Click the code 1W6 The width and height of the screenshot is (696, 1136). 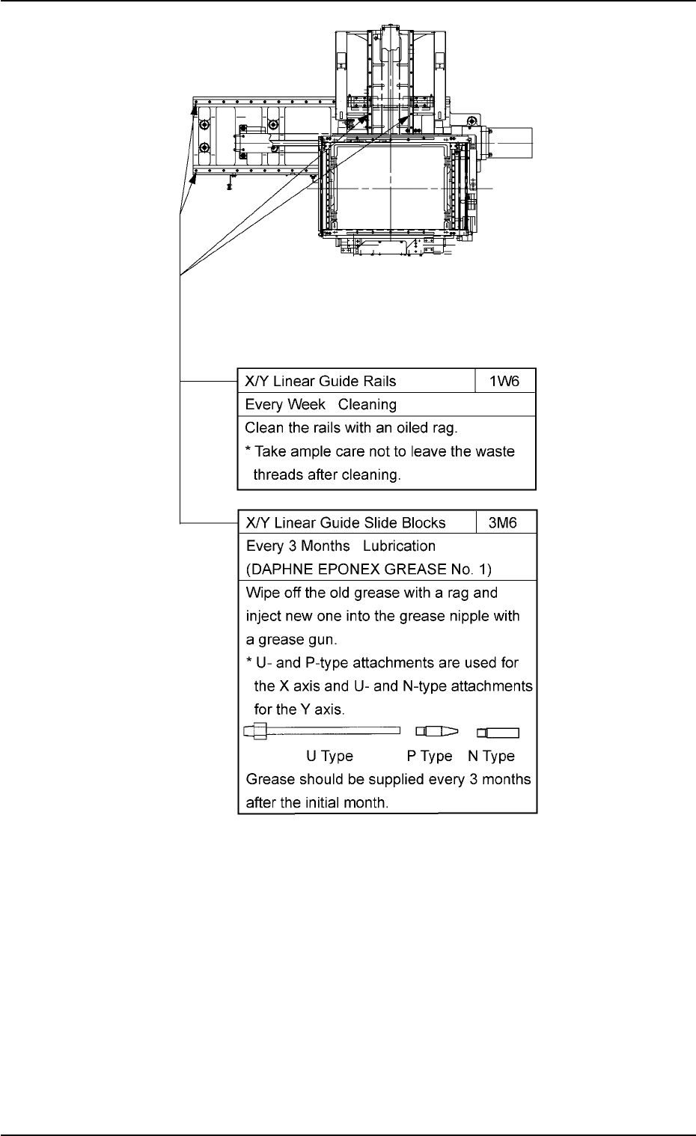[x=506, y=381]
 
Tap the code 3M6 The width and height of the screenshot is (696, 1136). [x=506, y=523]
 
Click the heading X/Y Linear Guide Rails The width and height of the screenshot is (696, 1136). [x=321, y=381]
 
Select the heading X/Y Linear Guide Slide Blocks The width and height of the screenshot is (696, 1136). [x=346, y=523]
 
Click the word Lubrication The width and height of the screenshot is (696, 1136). [x=399, y=546]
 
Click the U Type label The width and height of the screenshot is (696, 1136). [x=330, y=757]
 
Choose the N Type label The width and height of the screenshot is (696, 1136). [x=492, y=757]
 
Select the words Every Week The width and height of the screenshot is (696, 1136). [x=285, y=405]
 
